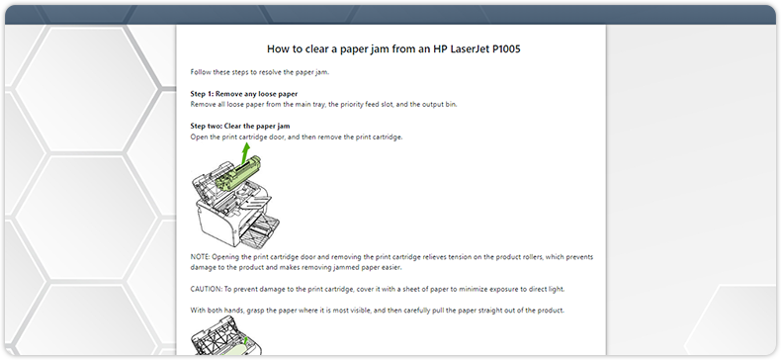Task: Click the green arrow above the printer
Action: coord(244,150)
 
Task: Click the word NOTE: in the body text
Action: coord(201,257)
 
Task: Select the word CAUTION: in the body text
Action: coord(208,289)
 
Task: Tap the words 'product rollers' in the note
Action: coord(514,257)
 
